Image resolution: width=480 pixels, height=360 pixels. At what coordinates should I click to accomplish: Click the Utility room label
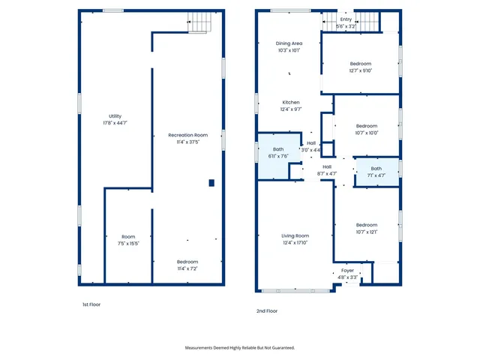coord(115,116)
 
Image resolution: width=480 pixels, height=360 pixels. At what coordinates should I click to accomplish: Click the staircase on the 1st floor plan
coord(198,23)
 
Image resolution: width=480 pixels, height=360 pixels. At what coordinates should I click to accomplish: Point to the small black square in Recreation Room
coord(211,182)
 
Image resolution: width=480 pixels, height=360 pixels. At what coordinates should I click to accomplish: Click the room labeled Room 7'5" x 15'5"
coord(128,239)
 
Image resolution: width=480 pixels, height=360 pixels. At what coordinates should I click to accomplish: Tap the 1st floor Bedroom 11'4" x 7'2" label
coord(187,265)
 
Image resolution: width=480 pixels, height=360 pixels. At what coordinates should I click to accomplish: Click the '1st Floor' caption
coord(91,304)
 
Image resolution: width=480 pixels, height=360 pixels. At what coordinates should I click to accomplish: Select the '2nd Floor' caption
coord(268,310)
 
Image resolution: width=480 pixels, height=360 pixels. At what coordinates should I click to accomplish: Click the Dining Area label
coord(289,44)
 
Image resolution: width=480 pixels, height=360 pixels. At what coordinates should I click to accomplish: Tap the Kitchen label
coord(291,102)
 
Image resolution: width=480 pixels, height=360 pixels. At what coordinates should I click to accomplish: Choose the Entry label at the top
coord(346,19)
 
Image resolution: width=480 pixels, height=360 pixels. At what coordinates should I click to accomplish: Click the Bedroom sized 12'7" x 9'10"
coord(361,67)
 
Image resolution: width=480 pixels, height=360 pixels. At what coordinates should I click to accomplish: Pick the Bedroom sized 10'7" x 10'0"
coord(366,129)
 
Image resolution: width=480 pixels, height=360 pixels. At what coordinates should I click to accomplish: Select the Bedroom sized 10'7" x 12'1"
coord(366,228)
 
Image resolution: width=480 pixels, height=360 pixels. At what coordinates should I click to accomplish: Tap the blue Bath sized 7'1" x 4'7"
coord(376,172)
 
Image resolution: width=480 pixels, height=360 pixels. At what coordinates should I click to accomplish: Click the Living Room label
coord(295,238)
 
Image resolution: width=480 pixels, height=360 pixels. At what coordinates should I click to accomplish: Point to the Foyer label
coord(347,271)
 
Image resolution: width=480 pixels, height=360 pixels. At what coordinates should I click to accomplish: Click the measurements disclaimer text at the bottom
coord(240,348)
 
